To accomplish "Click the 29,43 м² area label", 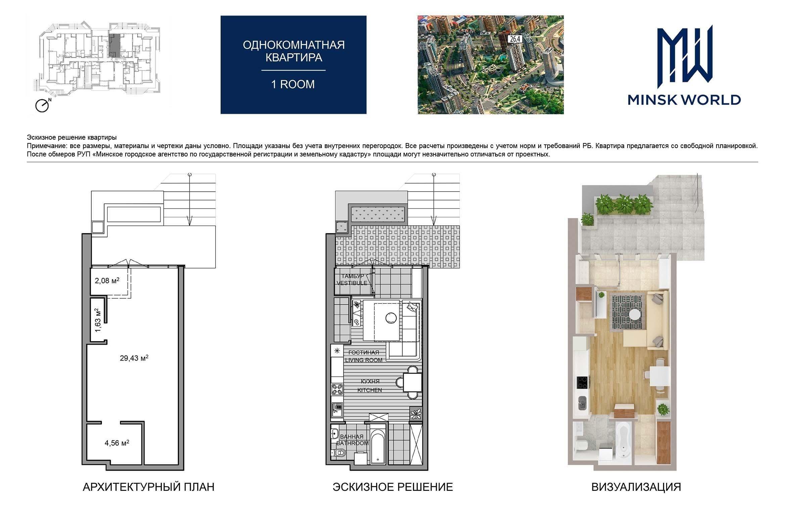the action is (x=134, y=358).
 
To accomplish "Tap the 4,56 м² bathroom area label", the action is (x=117, y=443).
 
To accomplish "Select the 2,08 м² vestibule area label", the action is (x=107, y=280).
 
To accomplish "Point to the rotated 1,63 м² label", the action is (x=98, y=320).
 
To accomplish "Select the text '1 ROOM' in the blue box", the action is (x=293, y=84).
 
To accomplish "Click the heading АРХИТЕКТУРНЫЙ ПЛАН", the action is (x=148, y=487).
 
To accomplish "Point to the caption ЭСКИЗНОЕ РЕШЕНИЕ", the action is (x=392, y=487).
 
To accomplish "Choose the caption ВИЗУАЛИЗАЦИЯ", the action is (x=636, y=487).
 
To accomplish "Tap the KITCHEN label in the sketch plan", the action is (x=370, y=390).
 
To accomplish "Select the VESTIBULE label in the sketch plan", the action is (x=352, y=283).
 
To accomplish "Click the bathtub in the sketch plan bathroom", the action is (x=379, y=444).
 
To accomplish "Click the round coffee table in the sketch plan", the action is (x=391, y=317).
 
